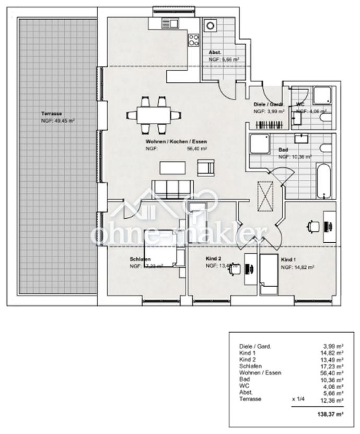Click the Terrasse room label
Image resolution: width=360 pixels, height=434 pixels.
pos(52,113)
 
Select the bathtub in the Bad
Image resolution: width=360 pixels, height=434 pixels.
pos(323,181)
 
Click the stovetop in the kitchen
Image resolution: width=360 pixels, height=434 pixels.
pos(194,40)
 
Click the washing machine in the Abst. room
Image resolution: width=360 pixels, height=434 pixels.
pos(211,26)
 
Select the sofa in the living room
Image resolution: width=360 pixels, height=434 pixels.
pos(173,188)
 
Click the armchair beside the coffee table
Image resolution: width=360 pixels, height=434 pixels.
pos(205,167)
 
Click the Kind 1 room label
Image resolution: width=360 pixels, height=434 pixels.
pos(288,260)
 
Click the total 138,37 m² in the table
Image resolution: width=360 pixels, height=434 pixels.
pos(332,414)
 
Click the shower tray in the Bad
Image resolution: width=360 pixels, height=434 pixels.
pos(260,144)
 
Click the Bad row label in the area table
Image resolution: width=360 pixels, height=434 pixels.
pos(243,380)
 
